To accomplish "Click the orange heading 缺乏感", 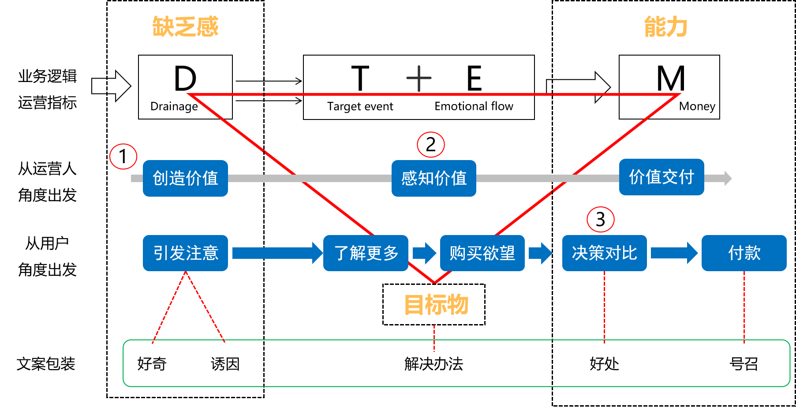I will tap(185, 26).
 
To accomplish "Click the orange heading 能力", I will tap(665, 27).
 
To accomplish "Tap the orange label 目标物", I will tap(436, 304).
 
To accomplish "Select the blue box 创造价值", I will tap(185, 178).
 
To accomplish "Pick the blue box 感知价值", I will tap(434, 178).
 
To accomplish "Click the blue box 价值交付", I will tap(661, 177).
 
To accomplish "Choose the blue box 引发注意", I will tap(185, 253).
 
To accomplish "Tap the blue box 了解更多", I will tap(366, 253).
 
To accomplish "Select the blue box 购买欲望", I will tap(482, 253).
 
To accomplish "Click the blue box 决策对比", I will tap(604, 253).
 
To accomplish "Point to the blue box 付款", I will tap(744, 253).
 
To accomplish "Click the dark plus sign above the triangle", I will tap(419, 78).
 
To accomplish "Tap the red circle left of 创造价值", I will tap(123, 157).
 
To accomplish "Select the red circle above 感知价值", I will tap(431, 145).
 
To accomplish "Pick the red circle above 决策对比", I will tap(601, 220).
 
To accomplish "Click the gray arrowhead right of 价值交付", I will tap(727, 178).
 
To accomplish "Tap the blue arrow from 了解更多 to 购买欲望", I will tap(424, 253).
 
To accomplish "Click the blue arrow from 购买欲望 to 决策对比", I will tap(540, 253).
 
